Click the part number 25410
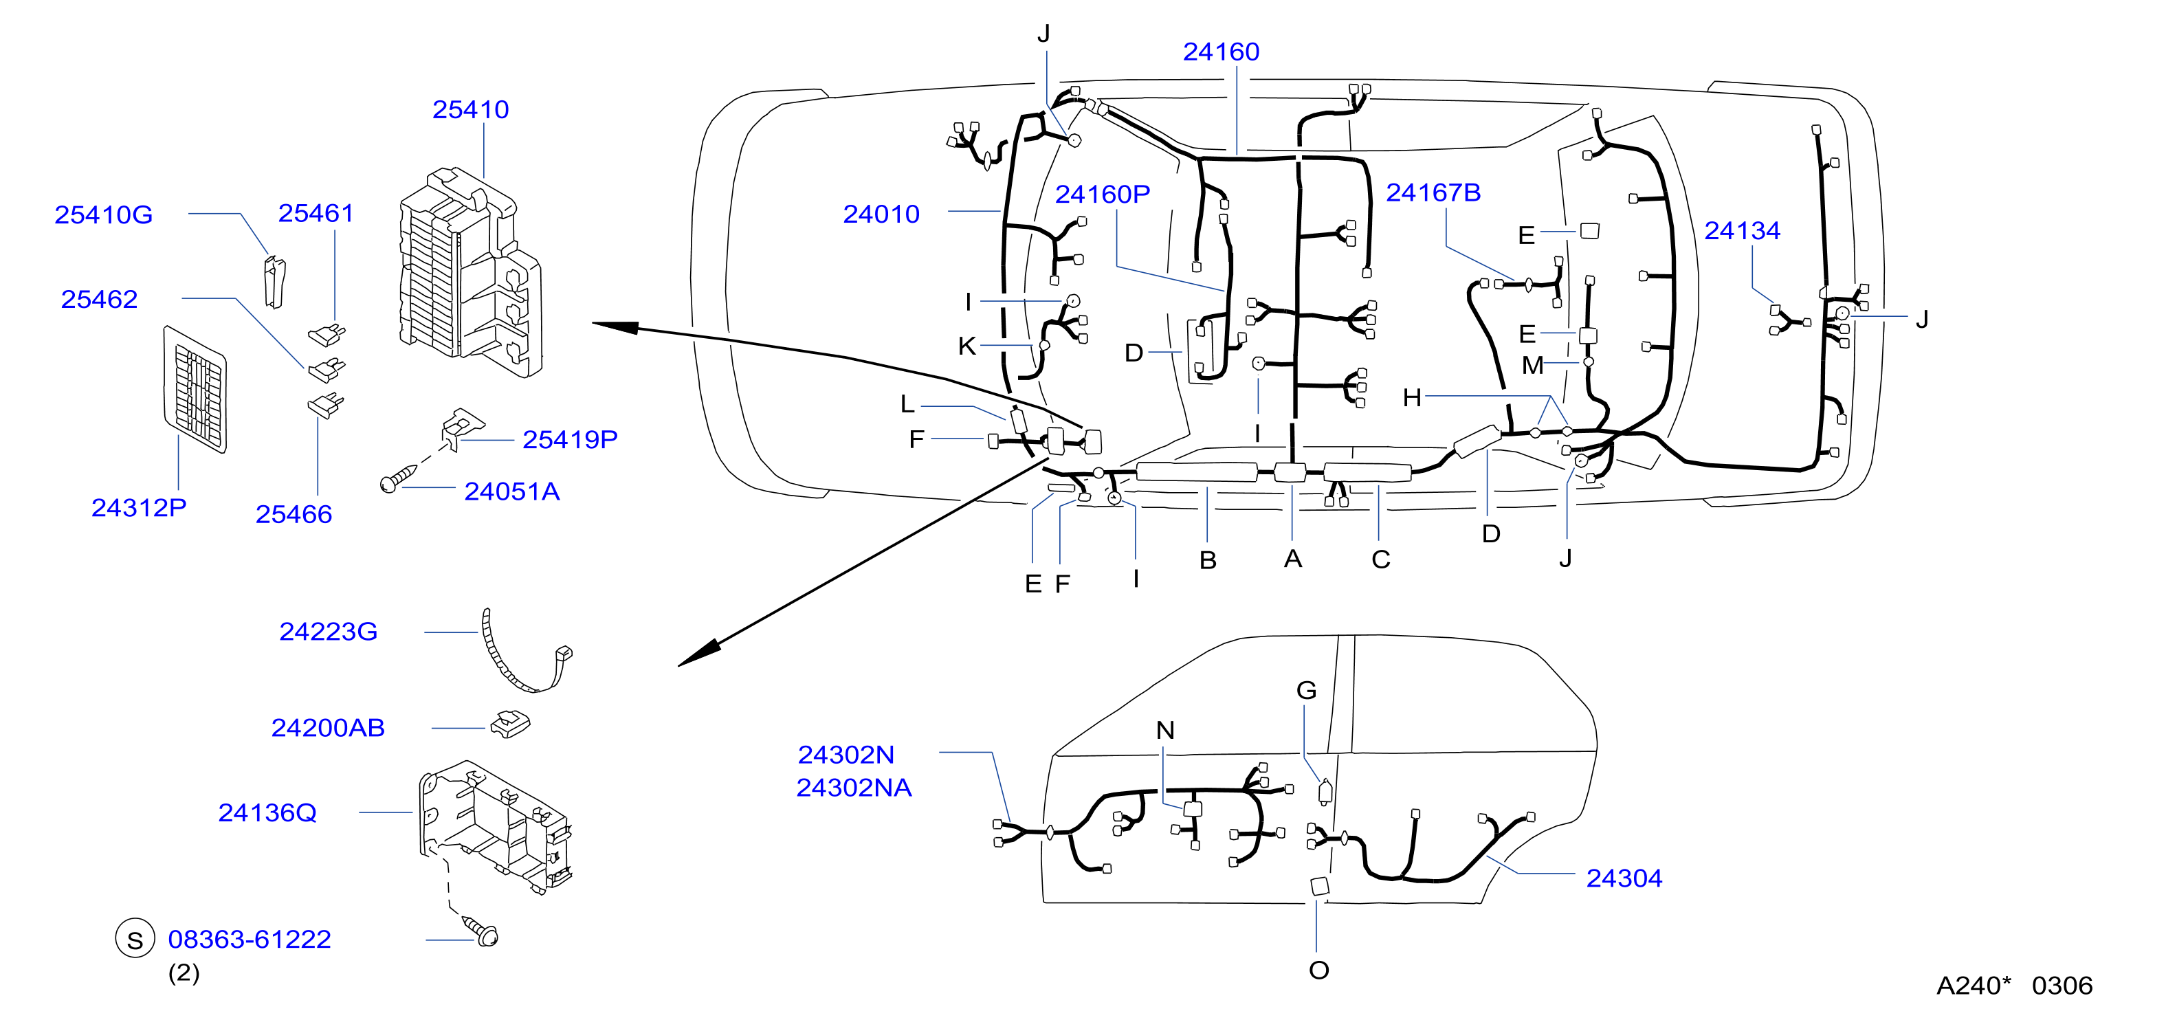(x=471, y=110)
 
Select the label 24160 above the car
(x=1222, y=52)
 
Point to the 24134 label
(x=1742, y=231)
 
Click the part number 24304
(x=1624, y=879)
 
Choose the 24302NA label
(x=854, y=788)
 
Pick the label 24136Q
(x=267, y=813)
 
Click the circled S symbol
(x=135, y=939)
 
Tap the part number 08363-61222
(x=250, y=939)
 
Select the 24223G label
(x=328, y=632)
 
